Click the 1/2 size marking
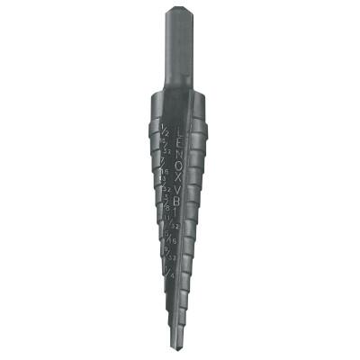coord(165,133)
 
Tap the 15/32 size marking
coord(166,148)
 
